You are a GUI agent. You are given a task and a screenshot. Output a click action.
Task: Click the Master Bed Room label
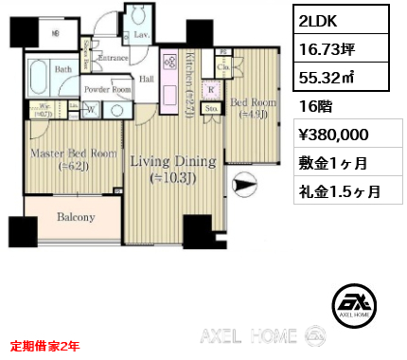tap(62, 159)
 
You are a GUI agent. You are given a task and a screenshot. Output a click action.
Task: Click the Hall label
tap(147, 80)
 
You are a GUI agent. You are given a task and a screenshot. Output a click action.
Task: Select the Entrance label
tap(113, 59)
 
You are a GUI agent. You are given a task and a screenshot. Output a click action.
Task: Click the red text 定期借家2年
tap(45, 345)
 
